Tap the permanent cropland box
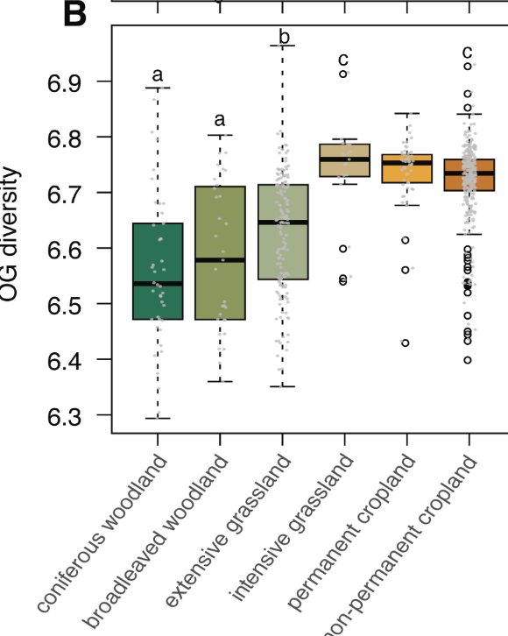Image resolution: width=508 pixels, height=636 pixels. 406,168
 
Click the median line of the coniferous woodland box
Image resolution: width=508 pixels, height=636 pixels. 158,284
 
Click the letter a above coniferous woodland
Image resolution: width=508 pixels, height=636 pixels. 158,75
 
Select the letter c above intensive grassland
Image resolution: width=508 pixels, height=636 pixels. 344,59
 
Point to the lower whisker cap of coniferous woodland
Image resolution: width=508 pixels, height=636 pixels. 158,419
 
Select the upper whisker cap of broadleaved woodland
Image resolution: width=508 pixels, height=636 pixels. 220,135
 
